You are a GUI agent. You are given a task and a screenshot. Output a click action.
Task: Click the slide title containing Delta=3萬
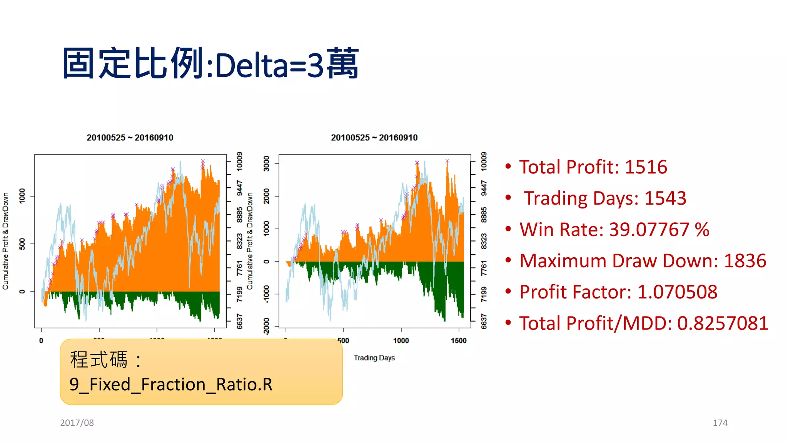pyautogui.click(x=210, y=64)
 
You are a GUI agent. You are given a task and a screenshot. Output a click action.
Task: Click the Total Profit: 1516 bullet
pyautogui.click(x=593, y=167)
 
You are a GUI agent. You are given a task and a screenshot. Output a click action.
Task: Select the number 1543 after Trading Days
pyautogui.click(x=665, y=198)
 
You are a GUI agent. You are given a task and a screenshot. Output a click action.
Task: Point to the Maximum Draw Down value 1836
pyautogui.click(x=745, y=261)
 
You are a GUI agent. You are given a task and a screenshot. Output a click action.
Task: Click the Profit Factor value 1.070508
pyautogui.click(x=677, y=292)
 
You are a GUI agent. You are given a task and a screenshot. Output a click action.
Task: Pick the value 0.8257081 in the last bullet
pyautogui.click(x=723, y=323)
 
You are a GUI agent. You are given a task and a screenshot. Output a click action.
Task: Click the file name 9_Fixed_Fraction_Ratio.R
pyautogui.click(x=171, y=385)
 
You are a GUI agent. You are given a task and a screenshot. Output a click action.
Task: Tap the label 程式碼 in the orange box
pyautogui.click(x=98, y=360)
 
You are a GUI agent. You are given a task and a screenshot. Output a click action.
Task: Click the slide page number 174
pyautogui.click(x=720, y=423)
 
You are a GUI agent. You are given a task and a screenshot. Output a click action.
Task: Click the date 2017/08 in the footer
pyautogui.click(x=77, y=423)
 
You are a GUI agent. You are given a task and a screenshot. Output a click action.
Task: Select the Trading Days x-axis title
pyautogui.click(x=374, y=358)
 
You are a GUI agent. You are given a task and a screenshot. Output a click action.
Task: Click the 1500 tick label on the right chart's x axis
pyautogui.click(x=459, y=341)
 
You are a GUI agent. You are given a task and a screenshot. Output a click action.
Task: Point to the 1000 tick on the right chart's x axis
pyautogui.click(x=401, y=341)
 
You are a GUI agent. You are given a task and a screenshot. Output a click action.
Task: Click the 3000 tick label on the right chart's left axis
pyautogui.click(x=267, y=163)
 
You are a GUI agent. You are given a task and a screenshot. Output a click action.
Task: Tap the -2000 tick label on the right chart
pyautogui.click(x=267, y=326)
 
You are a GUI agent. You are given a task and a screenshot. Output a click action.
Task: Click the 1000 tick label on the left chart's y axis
pyautogui.click(x=22, y=196)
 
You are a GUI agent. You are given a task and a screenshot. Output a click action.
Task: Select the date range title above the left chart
pyautogui.click(x=130, y=138)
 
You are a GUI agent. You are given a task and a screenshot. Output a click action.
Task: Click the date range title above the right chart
pyautogui.click(x=374, y=138)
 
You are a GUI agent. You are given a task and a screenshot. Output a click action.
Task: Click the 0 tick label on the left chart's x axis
pyautogui.click(x=41, y=341)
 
